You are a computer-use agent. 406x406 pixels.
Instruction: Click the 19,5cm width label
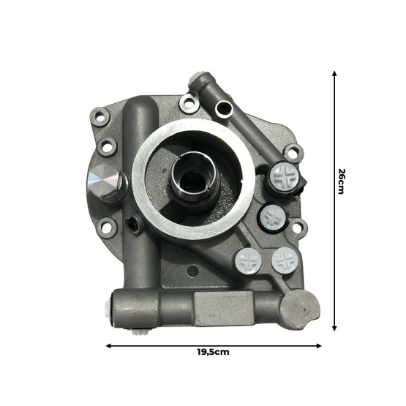pos(213,351)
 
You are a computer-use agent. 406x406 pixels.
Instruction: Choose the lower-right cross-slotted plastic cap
pos(285,260)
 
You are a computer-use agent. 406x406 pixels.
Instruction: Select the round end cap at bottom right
pos(298,307)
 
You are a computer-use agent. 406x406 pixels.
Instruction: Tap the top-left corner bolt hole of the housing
pos(97,114)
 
